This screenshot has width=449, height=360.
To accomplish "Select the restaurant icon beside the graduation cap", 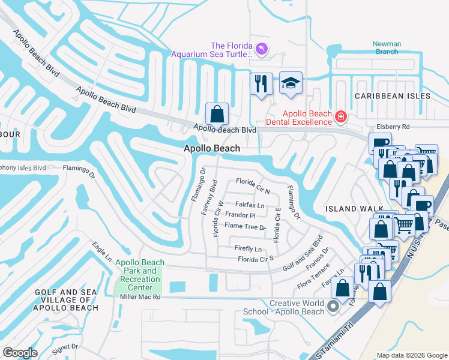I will (261, 84).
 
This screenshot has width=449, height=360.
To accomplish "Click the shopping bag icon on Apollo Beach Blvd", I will (217, 113).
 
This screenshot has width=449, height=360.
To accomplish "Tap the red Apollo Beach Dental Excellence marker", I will (340, 116).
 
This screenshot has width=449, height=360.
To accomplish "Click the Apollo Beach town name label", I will (212, 148).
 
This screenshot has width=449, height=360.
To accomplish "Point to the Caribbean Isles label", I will (392, 96).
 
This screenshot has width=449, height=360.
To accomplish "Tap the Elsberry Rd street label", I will (393, 127).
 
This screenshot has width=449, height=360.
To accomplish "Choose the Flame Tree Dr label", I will (245, 227).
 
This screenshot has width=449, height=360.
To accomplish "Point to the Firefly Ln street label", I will (249, 249).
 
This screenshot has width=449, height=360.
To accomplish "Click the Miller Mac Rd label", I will (140, 297).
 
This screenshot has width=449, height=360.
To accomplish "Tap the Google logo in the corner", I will (20, 353).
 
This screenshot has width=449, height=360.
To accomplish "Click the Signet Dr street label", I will (66, 347).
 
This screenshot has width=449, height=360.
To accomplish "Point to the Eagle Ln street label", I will (102, 251).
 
